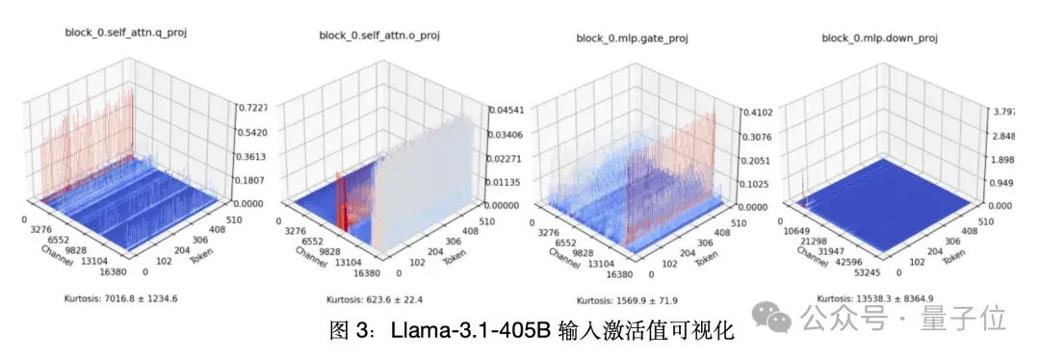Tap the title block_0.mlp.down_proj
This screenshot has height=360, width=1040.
click(x=879, y=38)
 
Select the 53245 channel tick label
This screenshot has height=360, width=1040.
click(x=871, y=273)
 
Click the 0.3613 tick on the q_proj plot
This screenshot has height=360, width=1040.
click(x=253, y=156)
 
